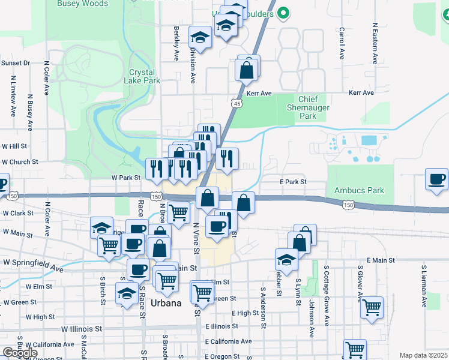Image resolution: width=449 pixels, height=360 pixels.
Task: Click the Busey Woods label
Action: [x=82, y=4]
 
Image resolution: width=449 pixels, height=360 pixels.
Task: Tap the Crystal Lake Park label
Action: [x=143, y=76]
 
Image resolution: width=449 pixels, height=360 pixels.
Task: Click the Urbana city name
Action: [x=166, y=303]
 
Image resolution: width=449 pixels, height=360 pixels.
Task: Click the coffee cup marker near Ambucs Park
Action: [x=436, y=179]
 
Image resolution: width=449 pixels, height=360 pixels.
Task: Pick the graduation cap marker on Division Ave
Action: [x=200, y=38]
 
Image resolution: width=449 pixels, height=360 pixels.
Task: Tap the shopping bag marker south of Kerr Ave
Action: [x=247, y=71]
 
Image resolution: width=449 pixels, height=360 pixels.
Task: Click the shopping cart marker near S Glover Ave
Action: [x=372, y=307]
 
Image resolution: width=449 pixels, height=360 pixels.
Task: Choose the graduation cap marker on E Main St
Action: [x=287, y=260]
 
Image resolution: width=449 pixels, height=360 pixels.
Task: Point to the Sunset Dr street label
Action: [x=16, y=63]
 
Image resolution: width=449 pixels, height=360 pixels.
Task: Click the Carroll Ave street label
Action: [x=342, y=43]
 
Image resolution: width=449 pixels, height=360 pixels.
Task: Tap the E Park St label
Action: [x=293, y=182]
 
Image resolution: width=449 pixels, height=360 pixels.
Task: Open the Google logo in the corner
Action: [x=20, y=353]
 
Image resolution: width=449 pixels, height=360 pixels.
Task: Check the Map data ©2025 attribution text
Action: [x=424, y=355]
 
